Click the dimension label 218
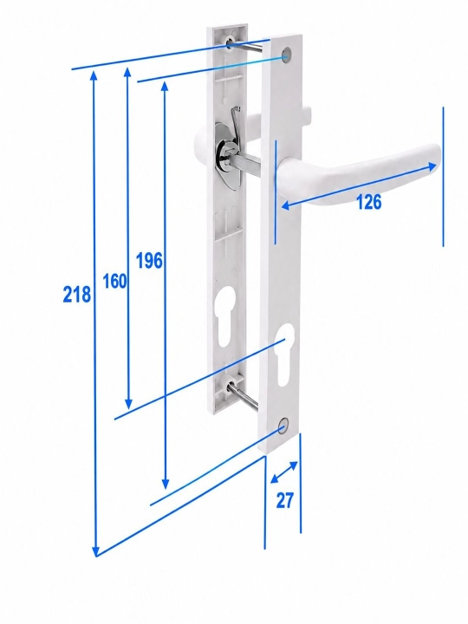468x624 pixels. pos(77,295)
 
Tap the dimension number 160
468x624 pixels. pos(114,281)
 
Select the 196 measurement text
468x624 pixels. pos(149,261)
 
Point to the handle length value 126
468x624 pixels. pos(368,202)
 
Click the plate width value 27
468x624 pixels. pos(284,500)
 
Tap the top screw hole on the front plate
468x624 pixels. pos(286,55)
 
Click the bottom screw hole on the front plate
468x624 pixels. pos(283,425)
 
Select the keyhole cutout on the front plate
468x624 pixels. pos(284,354)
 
